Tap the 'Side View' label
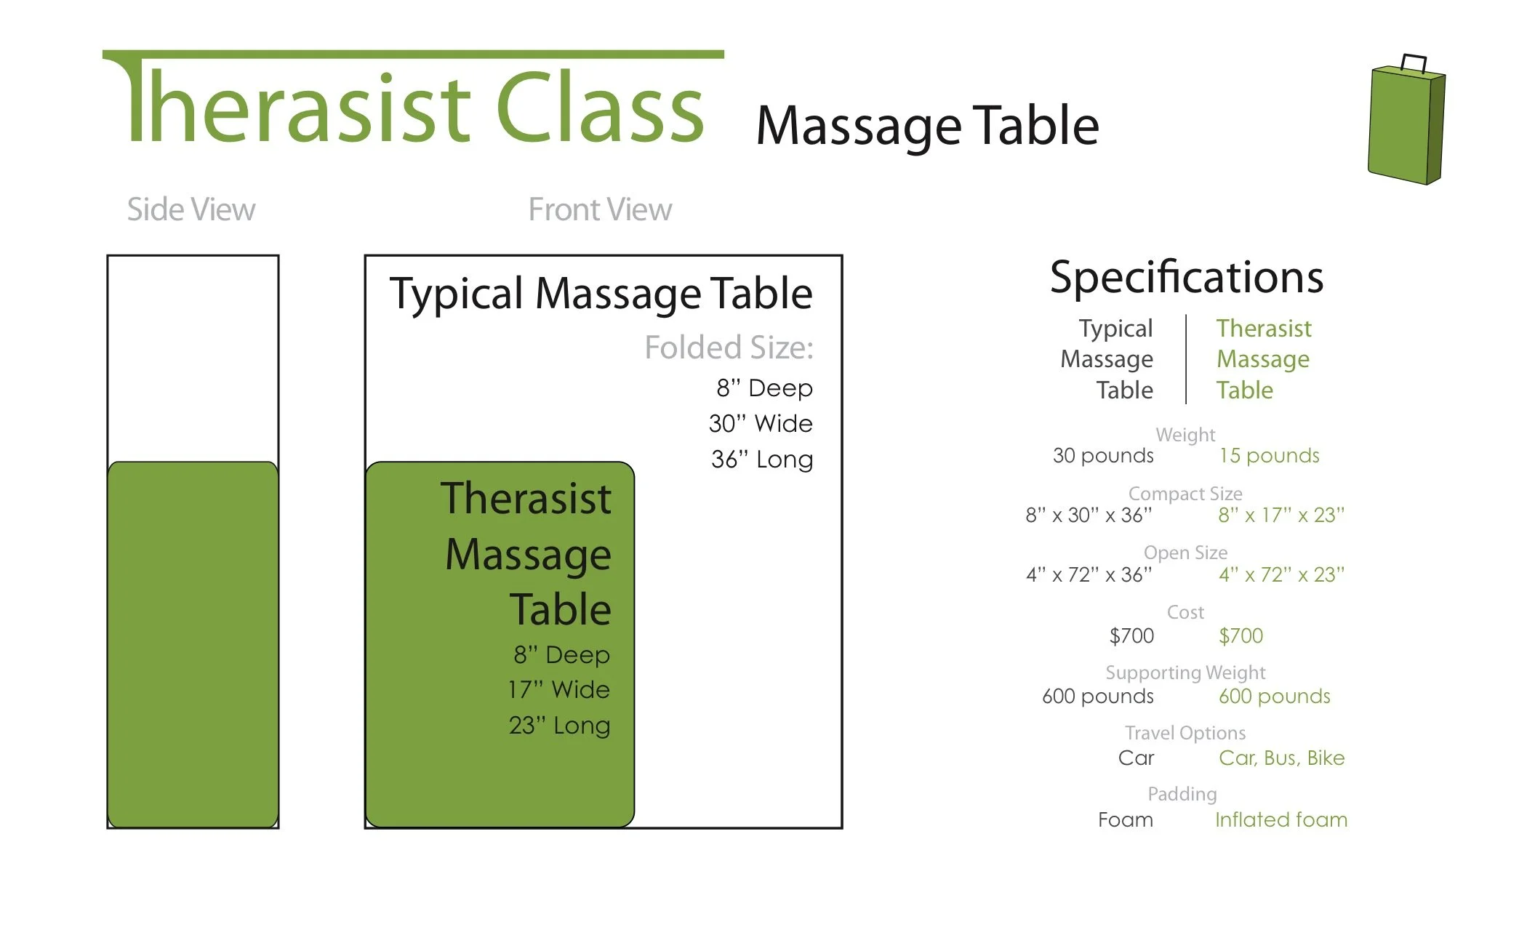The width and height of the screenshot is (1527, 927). [191, 209]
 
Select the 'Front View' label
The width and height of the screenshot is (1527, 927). [600, 209]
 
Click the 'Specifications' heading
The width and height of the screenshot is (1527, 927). [1186, 277]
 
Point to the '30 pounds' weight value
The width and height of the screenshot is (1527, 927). [1103, 456]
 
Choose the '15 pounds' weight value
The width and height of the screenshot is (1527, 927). [1269, 456]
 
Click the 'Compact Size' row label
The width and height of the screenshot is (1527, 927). [1185, 494]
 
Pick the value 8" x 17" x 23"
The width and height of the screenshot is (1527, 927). [1281, 515]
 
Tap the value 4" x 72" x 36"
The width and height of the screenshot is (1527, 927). [1089, 575]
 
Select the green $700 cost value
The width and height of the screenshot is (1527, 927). [1241, 636]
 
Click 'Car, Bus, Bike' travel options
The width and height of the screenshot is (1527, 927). [1281, 758]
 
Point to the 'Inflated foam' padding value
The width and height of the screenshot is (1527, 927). [1280, 820]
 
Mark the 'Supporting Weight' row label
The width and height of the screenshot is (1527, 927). [1185, 673]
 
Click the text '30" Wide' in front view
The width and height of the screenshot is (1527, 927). [761, 424]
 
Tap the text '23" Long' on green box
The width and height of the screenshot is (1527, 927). [559, 726]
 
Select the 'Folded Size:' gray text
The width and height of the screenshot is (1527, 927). [729, 348]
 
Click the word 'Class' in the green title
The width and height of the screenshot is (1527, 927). [600, 109]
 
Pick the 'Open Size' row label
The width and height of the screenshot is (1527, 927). [1185, 553]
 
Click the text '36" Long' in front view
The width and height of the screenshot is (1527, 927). [762, 460]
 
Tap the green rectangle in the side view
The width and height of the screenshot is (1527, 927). [193, 643]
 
